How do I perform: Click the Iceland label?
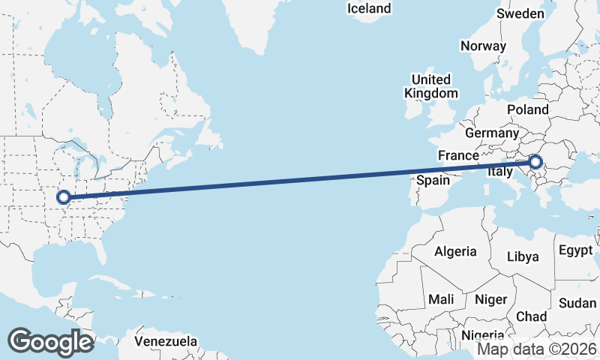point(369,9)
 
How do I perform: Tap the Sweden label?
point(520,14)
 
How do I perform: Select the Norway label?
point(483,46)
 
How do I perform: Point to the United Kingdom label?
point(430,86)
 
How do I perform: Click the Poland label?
point(527,109)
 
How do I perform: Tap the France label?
point(458,155)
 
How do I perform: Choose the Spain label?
point(433,180)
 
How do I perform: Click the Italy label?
point(500,172)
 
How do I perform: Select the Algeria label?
point(455,251)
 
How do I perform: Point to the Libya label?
point(523,256)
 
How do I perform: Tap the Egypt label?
point(576,250)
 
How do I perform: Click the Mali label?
point(441,299)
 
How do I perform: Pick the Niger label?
point(491,299)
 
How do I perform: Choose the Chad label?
point(531,316)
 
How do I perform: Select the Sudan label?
point(577,303)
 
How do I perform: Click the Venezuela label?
point(166,341)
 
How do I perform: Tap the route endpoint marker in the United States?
point(64,197)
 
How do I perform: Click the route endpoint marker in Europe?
point(535,161)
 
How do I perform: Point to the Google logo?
point(50,341)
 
